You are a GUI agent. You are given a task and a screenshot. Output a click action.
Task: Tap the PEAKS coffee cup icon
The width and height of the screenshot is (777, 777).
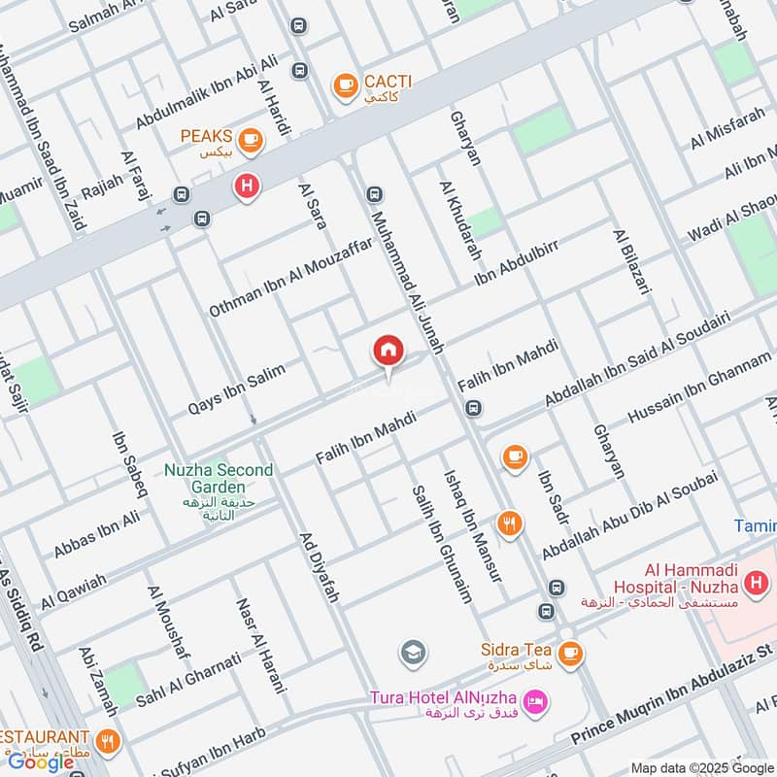point(250,142)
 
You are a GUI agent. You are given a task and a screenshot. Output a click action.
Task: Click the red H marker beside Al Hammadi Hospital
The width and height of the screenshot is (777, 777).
point(755,583)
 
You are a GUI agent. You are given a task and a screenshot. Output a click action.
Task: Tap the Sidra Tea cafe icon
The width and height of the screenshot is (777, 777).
point(570,655)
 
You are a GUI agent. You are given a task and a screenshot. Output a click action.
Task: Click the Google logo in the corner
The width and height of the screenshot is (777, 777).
point(42,761)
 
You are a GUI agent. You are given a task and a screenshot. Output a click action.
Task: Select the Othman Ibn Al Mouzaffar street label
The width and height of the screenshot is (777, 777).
point(290,278)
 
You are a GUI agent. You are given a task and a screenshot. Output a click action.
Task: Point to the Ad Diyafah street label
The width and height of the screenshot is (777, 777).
point(319,567)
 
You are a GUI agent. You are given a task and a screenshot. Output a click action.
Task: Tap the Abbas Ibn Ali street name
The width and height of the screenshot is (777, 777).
point(96,534)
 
